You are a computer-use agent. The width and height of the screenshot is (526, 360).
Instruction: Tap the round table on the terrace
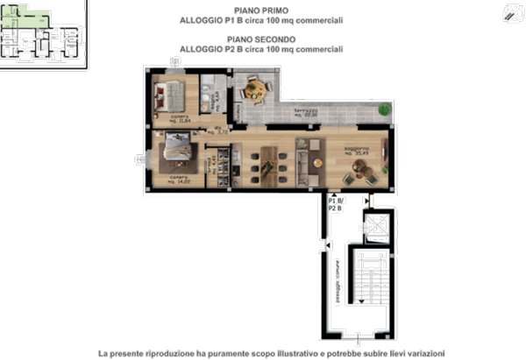coord(256,88)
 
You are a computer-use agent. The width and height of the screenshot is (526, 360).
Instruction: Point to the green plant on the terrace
coord(383,109)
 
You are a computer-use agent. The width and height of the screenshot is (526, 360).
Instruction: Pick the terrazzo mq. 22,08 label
coord(306,117)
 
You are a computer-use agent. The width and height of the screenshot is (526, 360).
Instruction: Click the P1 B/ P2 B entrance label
coord(335,205)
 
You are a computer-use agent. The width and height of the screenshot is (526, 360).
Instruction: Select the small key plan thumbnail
coord(42,33)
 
